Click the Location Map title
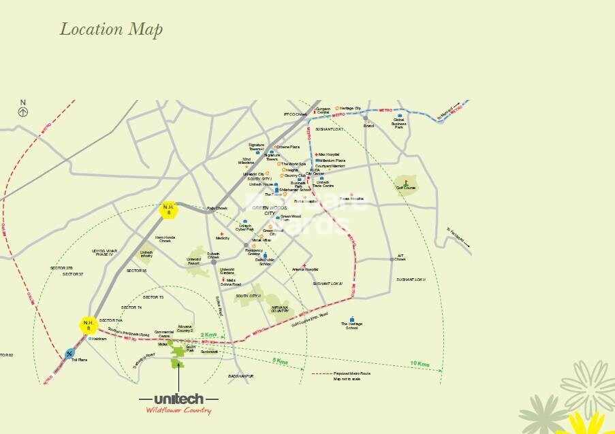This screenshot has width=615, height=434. click(111, 29)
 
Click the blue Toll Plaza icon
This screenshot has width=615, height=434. click(69, 353)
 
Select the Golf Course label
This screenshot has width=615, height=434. click(405, 188)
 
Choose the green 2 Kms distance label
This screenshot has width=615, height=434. click(208, 335)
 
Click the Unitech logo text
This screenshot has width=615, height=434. click(178, 399)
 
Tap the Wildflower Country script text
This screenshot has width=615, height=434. click(178, 410)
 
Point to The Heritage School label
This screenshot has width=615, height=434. click(351, 326)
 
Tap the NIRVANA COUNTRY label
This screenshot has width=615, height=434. click(284, 310)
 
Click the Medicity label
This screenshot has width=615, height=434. click(222, 238)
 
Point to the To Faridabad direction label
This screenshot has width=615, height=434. click(458, 236)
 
